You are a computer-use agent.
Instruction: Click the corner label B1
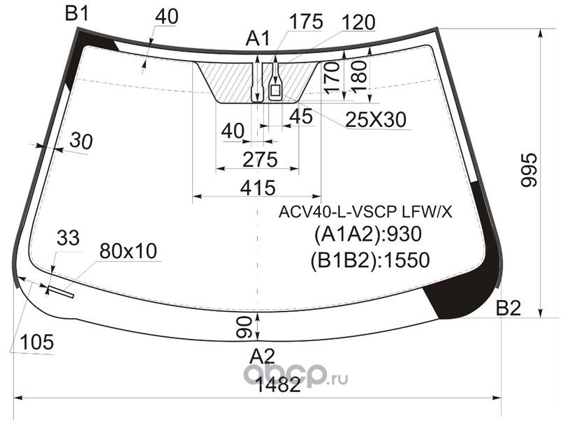(76, 14)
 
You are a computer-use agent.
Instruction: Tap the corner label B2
(509, 308)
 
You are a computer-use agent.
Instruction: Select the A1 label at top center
(258, 38)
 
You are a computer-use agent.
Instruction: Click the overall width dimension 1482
(278, 385)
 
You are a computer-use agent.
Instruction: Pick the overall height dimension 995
(529, 170)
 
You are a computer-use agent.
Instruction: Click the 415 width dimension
(258, 188)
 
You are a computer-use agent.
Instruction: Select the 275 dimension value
(260, 159)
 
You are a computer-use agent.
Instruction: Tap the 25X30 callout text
(376, 119)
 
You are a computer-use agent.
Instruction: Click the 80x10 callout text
(128, 250)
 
